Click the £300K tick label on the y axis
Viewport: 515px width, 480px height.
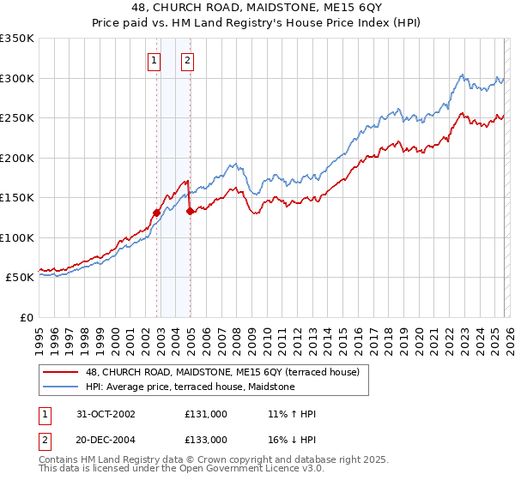16,78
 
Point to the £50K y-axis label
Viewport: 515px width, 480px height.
19,278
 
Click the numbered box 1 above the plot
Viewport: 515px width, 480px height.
154,60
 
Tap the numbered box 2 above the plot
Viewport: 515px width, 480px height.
186,60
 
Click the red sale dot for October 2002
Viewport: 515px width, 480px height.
157,213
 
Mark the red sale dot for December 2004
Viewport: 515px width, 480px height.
190,211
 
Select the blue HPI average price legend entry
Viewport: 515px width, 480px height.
190,387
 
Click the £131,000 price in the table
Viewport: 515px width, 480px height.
205,414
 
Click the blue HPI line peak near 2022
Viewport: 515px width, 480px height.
462,75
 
